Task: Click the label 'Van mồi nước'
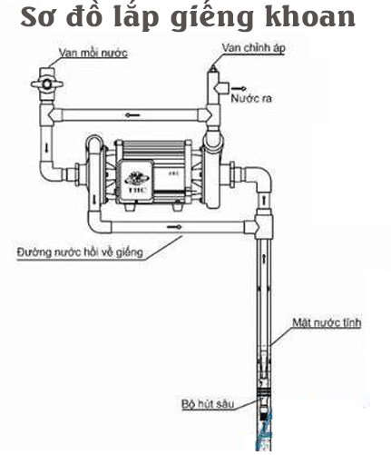tap(93, 53)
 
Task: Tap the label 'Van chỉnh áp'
tap(253, 48)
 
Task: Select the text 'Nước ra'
tap(251, 98)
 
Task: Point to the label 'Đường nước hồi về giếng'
tap(80, 252)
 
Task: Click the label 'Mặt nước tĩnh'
tap(327, 322)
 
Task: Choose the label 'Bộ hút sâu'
tap(208, 404)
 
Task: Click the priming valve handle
tap(47, 84)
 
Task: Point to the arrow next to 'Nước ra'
tap(239, 88)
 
